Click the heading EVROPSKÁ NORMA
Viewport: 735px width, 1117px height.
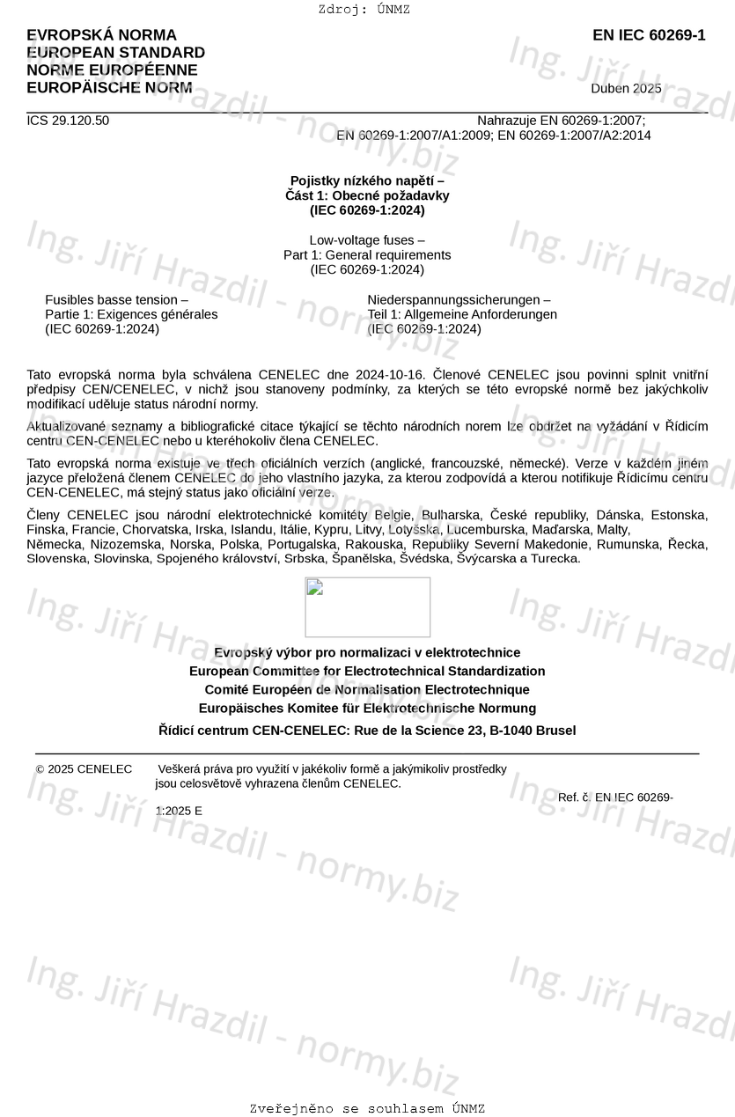[101, 35]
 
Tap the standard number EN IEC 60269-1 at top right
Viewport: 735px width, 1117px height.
[649, 35]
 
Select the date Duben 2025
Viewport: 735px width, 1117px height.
[626, 88]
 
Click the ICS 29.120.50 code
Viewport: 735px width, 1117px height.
[68, 121]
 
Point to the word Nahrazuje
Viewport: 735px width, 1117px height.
[506, 121]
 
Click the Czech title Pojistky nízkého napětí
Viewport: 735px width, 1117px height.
[367, 180]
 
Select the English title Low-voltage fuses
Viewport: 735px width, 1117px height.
[367, 239]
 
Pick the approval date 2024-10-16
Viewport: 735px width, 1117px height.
[391, 374]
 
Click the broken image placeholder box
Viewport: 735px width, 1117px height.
[367, 607]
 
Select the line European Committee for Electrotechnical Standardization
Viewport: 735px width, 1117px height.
[367, 671]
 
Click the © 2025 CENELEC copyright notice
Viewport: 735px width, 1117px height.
[84, 768]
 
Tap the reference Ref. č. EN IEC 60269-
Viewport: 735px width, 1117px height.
[615, 797]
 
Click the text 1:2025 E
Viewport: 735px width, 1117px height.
[179, 811]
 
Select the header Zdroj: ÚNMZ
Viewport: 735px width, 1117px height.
[364, 10]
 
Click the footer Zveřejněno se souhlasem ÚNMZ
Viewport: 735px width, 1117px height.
[367, 1108]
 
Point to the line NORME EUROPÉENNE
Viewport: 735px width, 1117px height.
[112, 70]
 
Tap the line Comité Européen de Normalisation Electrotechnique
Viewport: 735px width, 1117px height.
[367, 689]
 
